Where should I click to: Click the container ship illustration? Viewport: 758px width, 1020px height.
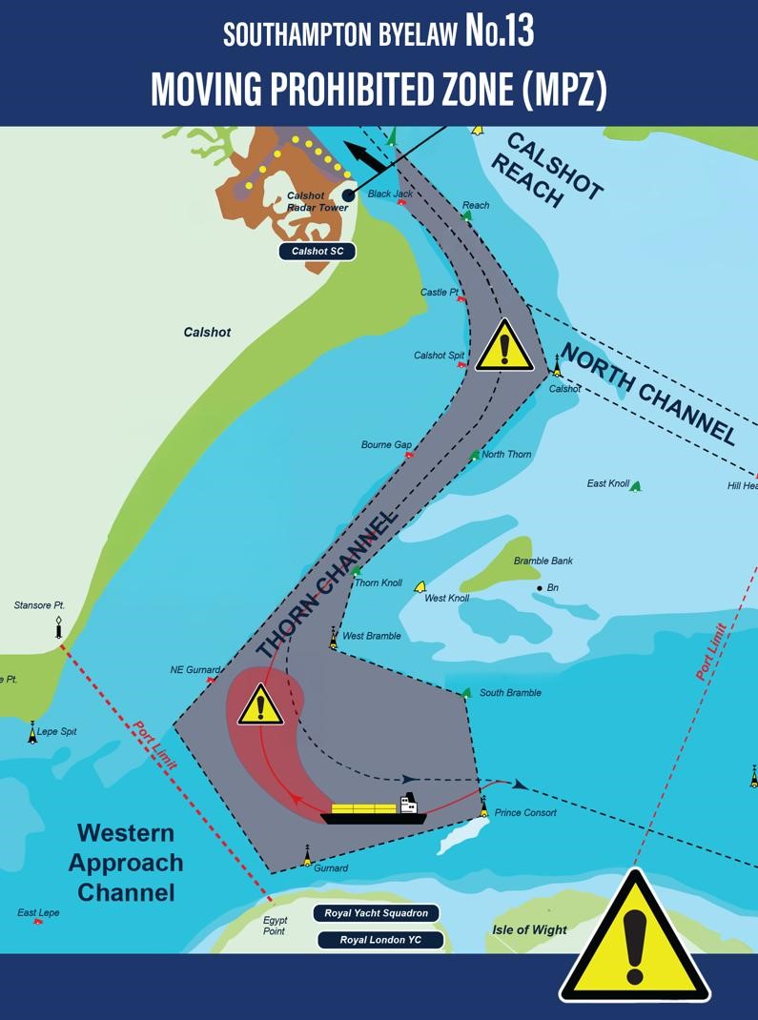[375, 811]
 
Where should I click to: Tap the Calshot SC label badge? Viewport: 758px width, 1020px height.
[317, 252]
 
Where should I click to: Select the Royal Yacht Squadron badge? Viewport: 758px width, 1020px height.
[376, 913]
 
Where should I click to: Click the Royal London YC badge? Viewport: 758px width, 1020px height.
[380, 940]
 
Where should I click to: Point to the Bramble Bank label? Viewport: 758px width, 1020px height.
[543, 561]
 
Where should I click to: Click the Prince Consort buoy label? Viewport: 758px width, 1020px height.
[526, 813]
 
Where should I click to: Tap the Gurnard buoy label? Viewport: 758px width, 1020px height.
[331, 868]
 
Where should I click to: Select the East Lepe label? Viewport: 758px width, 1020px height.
[38, 912]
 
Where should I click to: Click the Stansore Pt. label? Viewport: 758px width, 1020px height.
[39, 605]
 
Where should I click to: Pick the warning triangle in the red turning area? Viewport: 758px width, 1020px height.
[259, 707]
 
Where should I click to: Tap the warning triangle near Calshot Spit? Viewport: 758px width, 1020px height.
[503, 348]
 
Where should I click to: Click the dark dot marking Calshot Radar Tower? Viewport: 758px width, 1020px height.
[348, 195]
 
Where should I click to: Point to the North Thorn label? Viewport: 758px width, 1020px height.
[506, 455]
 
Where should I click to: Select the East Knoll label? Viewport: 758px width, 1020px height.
[608, 484]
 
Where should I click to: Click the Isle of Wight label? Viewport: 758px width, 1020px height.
[529, 929]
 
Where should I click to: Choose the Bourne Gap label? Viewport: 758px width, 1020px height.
[386, 445]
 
